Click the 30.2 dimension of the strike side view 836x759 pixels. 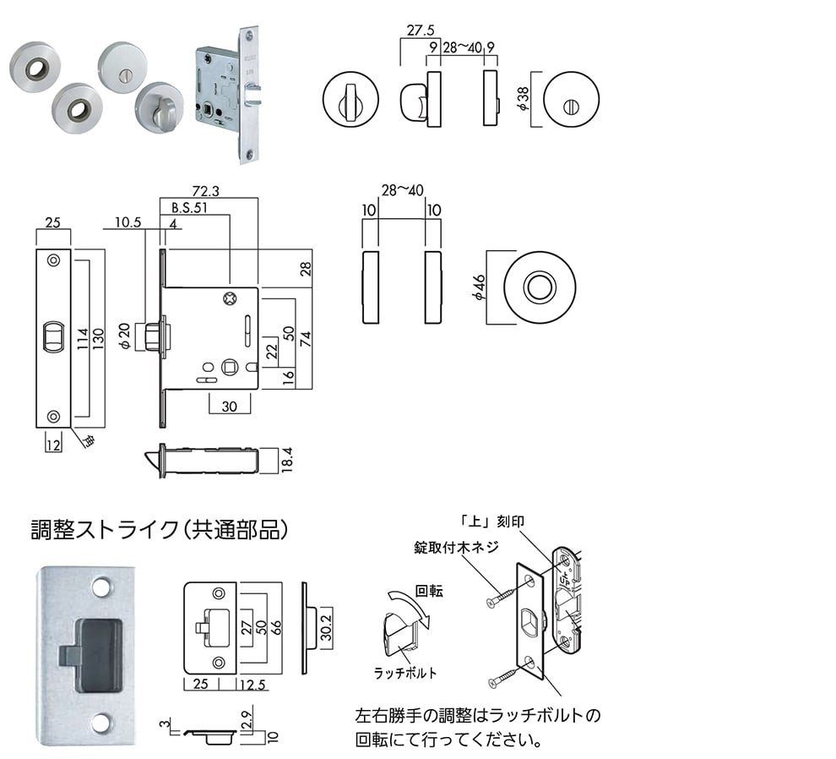[x=326, y=626]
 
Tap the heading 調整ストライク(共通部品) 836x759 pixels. [x=160, y=529]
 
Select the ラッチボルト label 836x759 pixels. [x=405, y=673]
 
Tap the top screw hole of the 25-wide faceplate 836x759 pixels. [x=53, y=260]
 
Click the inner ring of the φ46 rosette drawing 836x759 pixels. [x=537, y=287]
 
